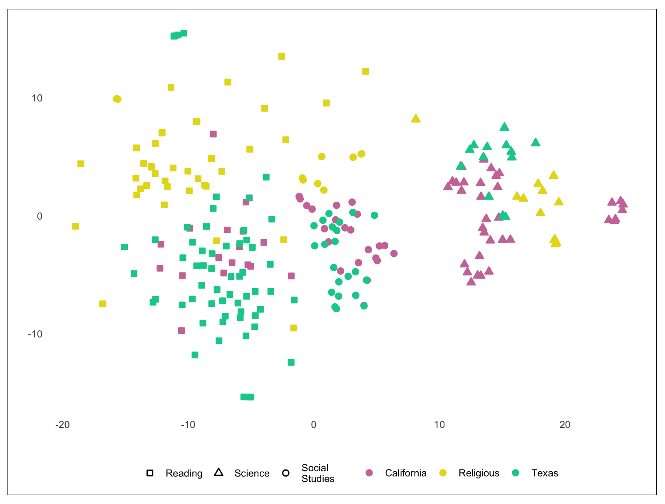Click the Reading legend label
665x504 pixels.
click(184, 473)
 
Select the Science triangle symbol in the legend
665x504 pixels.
click(218, 472)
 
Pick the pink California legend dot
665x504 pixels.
click(369, 473)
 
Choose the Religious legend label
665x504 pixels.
click(479, 473)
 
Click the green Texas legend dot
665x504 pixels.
click(516, 473)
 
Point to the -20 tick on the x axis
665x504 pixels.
click(62, 425)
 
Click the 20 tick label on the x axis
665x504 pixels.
click(565, 425)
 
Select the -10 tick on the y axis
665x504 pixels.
click(35, 334)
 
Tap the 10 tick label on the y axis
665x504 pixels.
click(37, 99)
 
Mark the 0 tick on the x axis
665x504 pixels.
click(314, 425)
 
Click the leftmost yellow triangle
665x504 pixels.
click(416, 119)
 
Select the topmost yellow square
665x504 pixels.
click(282, 57)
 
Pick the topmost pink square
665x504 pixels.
click(213, 134)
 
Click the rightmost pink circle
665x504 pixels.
click(394, 254)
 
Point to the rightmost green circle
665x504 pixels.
click(375, 215)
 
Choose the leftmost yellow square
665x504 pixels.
click(75, 226)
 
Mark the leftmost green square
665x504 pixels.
click(124, 247)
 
